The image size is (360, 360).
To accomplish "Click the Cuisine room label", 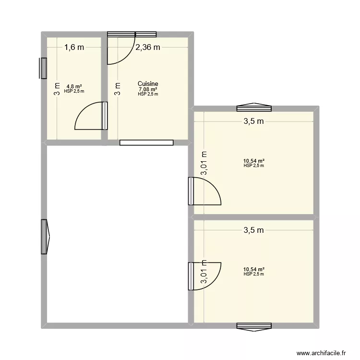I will click(x=148, y=84).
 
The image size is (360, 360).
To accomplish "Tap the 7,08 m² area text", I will click(x=148, y=89).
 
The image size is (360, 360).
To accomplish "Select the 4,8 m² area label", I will click(x=74, y=86).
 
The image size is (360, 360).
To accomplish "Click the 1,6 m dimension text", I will click(x=74, y=47).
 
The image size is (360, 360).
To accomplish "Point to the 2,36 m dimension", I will click(x=148, y=47).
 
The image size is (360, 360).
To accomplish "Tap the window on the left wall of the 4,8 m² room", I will click(x=44, y=68).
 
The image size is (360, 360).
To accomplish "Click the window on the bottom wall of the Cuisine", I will click(x=146, y=143).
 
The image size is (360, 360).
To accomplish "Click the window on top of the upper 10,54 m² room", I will click(x=254, y=107).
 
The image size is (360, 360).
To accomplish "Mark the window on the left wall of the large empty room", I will click(x=45, y=237).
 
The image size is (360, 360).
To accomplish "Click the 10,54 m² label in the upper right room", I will click(x=254, y=161).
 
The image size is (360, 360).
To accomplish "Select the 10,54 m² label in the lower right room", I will click(x=254, y=270).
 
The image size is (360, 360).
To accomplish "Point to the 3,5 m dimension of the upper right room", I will click(x=254, y=121).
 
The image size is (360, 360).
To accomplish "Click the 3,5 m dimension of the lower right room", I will click(x=254, y=230).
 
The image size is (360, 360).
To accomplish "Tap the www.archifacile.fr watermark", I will click(x=322, y=352).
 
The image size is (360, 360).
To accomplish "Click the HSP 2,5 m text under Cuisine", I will click(x=148, y=94).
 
